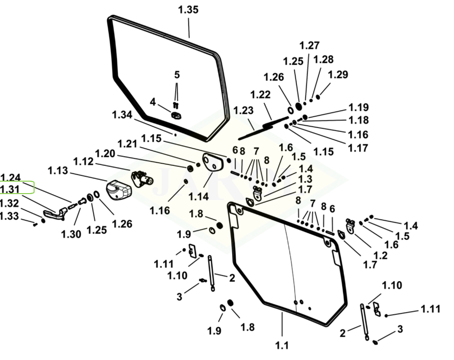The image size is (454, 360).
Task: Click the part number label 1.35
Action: (x=188, y=10)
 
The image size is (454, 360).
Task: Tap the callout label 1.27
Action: (x=309, y=45)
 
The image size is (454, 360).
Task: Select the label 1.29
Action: (x=338, y=75)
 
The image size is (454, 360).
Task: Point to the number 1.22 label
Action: (x=260, y=94)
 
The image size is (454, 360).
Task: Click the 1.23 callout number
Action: (x=244, y=111)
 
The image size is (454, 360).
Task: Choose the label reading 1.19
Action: (x=358, y=107)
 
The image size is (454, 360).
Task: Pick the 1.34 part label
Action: (x=122, y=114)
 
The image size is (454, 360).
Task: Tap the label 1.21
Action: (x=128, y=144)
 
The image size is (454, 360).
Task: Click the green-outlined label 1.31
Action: (x=10, y=189)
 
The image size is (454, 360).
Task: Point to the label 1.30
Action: (x=71, y=234)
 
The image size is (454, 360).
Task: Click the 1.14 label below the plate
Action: (x=198, y=196)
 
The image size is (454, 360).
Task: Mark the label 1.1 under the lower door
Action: (x=282, y=345)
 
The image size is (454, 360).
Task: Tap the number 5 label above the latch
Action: (x=177, y=75)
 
